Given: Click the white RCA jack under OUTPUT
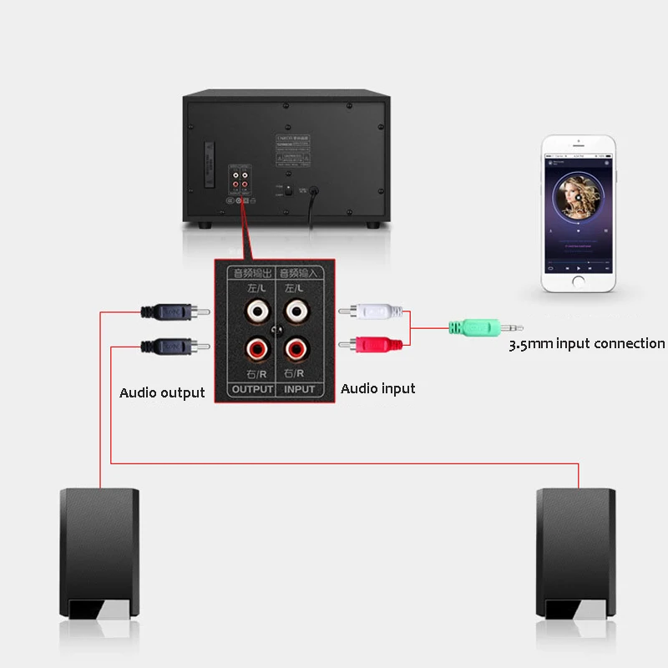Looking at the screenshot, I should pyautogui.click(x=256, y=312).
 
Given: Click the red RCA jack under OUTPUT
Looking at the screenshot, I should pyautogui.click(x=256, y=345).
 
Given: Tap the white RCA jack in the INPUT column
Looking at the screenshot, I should pyautogui.click(x=296, y=312).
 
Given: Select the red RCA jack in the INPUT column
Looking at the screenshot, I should pyautogui.click(x=296, y=345).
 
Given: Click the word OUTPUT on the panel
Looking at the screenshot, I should pyautogui.click(x=252, y=389).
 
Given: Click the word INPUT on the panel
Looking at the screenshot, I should pyautogui.click(x=298, y=389).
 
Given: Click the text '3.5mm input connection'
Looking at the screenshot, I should pyautogui.click(x=587, y=344).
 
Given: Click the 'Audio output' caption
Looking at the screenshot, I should pyautogui.click(x=162, y=392).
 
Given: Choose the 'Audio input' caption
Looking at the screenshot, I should pyautogui.click(x=378, y=388).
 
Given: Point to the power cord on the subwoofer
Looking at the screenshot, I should pyautogui.click(x=312, y=205).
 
